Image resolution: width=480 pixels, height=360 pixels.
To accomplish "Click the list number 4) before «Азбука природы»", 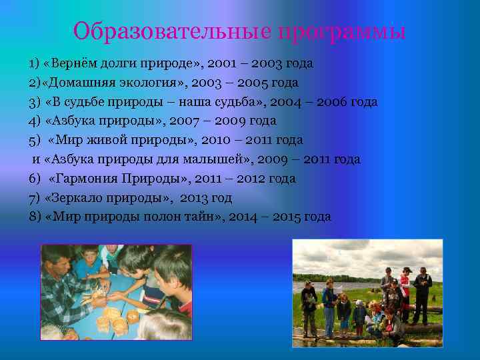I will point(35,121).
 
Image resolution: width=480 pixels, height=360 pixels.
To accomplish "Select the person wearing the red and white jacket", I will point(406,287).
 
